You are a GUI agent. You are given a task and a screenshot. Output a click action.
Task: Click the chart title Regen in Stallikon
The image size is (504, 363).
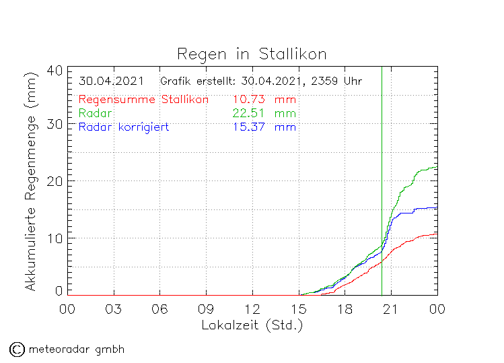[x=252, y=53]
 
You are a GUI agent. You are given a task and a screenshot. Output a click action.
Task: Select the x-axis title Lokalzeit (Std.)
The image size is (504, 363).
[x=252, y=325]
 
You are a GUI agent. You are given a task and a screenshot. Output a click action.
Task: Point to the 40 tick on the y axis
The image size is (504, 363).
[x=55, y=70]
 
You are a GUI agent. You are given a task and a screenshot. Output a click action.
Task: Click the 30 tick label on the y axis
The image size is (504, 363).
[x=55, y=125]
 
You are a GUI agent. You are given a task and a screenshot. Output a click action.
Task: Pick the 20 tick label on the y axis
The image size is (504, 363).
[x=55, y=181]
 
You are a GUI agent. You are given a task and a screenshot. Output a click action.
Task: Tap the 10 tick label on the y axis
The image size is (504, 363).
[x=55, y=238]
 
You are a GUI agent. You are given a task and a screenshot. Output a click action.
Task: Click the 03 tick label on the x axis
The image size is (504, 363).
[x=113, y=309]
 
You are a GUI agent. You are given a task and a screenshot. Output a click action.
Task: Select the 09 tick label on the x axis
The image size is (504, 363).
[x=206, y=309]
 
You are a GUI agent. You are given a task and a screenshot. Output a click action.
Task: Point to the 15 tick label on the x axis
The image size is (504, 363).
[x=298, y=309]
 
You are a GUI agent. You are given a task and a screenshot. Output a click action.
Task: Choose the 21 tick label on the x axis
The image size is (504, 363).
[x=391, y=309]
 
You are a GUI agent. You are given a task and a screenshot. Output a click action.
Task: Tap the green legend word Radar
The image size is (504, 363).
[x=95, y=112]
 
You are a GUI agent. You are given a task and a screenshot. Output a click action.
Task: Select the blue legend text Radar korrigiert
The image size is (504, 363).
[x=123, y=127]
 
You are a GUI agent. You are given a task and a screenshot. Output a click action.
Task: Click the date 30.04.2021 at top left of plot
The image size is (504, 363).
[x=110, y=81]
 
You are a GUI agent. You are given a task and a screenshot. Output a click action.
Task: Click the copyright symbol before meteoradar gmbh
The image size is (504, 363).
[x=16, y=349]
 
